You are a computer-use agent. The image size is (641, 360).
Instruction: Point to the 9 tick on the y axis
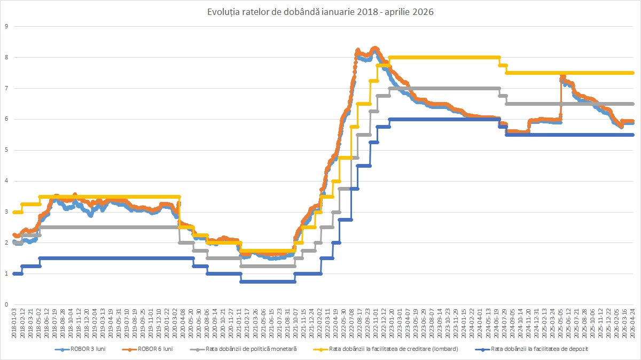click(x=6, y=26)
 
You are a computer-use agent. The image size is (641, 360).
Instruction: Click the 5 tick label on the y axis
click(x=6, y=150)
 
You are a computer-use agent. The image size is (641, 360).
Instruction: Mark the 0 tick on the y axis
click(x=6, y=304)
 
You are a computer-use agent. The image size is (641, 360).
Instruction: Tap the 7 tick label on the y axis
click(x=6, y=88)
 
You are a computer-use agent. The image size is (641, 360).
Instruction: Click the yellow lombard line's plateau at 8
click(x=443, y=57)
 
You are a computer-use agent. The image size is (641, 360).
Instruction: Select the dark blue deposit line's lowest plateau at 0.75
click(x=267, y=281)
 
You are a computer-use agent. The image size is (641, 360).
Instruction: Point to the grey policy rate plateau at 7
click(x=443, y=88)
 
